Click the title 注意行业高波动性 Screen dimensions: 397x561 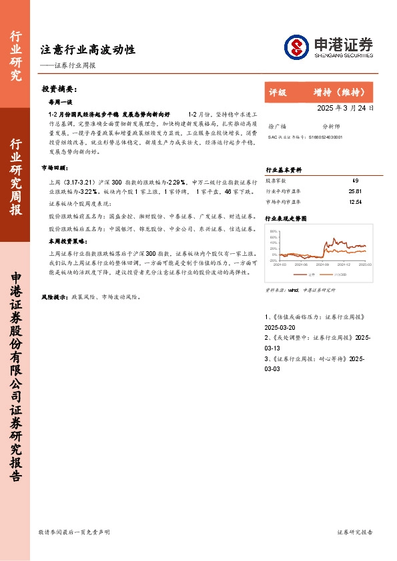click(x=88, y=49)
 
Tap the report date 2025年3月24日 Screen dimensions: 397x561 click(x=345, y=108)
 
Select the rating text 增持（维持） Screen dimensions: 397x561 click(x=340, y=93)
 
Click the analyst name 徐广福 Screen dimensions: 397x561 click(x=276, y=125)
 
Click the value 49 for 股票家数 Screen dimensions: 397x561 click(x=355, y=181)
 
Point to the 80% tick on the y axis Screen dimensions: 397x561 click(x=274, y=231)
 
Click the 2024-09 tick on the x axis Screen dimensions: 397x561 click(x=322, y=265)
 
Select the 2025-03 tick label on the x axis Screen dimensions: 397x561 click(x=365, y=265)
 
